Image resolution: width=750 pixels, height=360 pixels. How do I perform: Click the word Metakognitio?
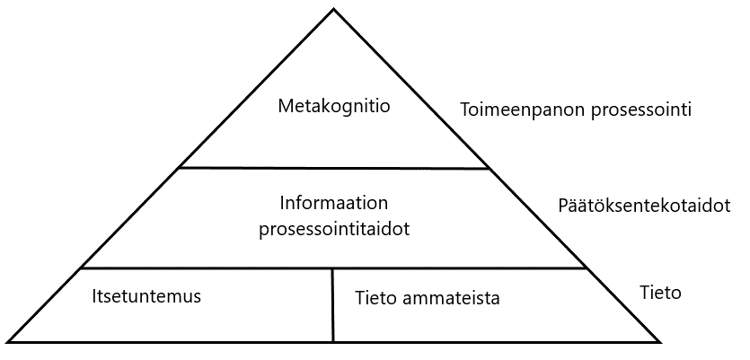tap(334, 107)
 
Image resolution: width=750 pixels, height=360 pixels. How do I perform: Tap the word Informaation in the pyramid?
tap(334, 203)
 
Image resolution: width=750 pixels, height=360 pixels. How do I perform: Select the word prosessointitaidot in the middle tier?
tap(334, 229)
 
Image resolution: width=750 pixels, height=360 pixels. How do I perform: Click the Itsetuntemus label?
tap(146, 295)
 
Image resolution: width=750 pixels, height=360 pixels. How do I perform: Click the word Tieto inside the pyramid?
tap(375, 297)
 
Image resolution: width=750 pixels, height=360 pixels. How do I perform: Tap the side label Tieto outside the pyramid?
tap(660, 293)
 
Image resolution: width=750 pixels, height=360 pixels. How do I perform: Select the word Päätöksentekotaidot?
tap(644, 206)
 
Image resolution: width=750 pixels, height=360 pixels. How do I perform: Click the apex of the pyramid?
tap(334, 9)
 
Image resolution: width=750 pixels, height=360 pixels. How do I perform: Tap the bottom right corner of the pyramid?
tap(662, 341)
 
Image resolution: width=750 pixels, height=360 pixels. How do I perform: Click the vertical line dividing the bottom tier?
tap(333, 305)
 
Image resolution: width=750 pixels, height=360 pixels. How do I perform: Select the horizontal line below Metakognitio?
tap(334, 168)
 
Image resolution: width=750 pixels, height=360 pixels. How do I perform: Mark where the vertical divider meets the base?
tap(333, 341)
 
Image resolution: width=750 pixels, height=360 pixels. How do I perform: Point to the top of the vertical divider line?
tap(333, 268)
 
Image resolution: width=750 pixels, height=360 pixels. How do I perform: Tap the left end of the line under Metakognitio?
tap(179, 167)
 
